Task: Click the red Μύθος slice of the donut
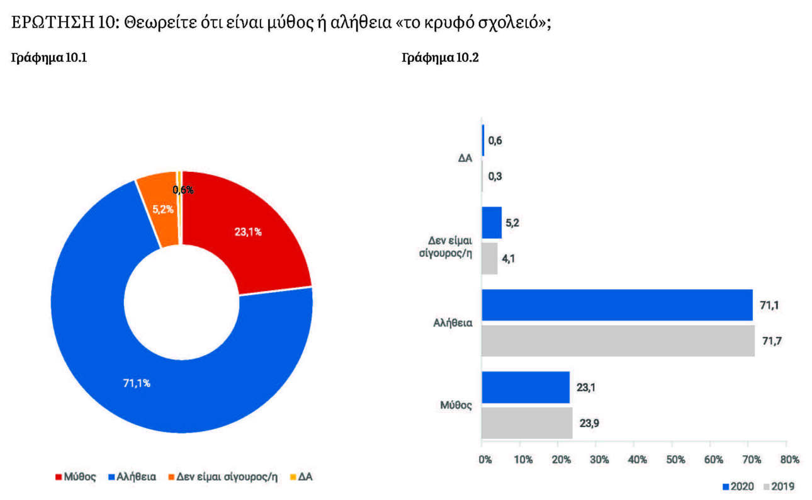(x=252, y=227)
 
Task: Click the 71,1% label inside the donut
(x=136, y=383)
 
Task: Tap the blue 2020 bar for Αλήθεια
(x=617, y=305)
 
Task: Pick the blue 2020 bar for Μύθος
(x=526, y=387)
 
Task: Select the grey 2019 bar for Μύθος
(x=527, y=423)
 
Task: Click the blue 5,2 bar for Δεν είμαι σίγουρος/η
(x=492, y=223)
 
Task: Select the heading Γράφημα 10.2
(x=440, y=58)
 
